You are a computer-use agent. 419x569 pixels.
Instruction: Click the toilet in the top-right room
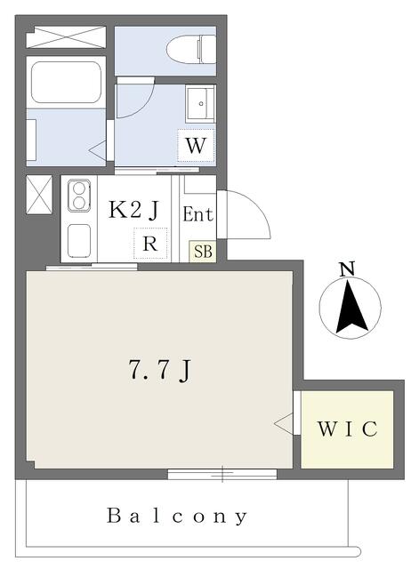[191, 49]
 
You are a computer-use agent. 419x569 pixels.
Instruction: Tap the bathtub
[66, 83]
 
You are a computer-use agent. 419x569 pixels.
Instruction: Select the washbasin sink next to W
[200, 103]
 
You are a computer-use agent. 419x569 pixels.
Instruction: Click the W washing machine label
[196, 146]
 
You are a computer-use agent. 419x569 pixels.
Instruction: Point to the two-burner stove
[78, 196]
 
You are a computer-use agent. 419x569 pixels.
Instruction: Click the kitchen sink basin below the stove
[79, 241]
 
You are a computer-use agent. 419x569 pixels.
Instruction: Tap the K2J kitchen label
[134, 210]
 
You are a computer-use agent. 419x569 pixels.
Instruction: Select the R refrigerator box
[150, 243]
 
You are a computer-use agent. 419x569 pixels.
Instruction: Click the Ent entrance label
[197, 214]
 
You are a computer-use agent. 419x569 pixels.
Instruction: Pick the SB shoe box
[203, 251]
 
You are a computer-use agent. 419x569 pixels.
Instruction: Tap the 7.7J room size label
[160, 370]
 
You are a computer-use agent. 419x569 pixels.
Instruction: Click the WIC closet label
[348, 429]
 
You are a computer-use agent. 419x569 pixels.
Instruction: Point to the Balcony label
[177, 516]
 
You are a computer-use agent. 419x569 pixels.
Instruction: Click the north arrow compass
[350, 307]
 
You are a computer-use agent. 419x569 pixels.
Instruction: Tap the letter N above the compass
[347, 268]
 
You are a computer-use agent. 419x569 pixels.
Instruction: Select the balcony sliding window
[222, 474]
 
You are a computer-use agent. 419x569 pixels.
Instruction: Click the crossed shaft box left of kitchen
[39, 195]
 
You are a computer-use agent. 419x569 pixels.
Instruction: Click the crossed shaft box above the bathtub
[66, 36]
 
